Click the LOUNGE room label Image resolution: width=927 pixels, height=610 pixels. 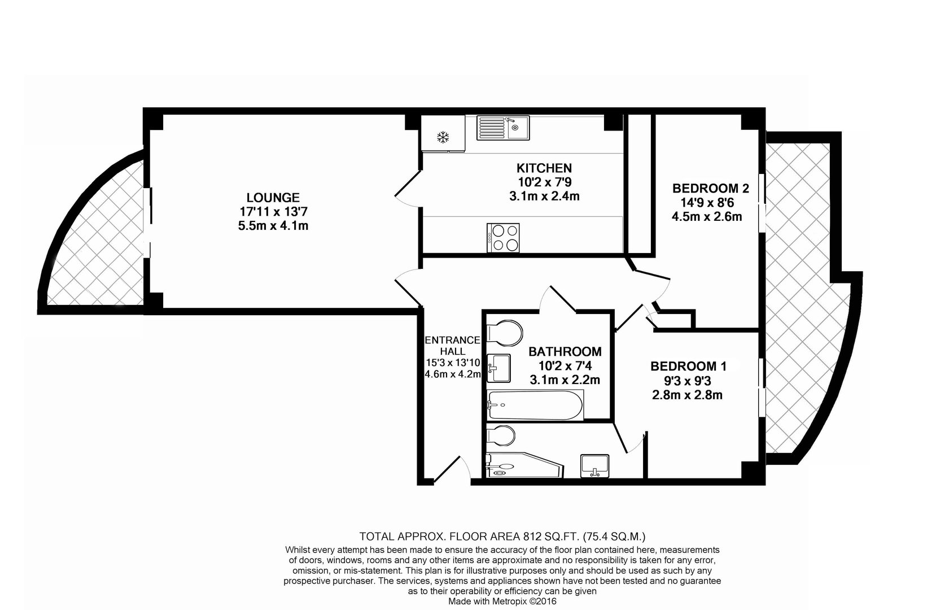(x=273, y=198)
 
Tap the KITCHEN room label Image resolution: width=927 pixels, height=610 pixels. (x=544, y=168)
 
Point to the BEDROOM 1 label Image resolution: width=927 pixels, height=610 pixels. (x=688, y=366)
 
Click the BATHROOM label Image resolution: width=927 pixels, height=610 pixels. (x=565, y=351)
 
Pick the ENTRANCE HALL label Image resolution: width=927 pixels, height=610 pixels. (x=453, y=345)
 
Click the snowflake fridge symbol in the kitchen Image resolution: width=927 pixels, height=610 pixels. (x=443, y=137)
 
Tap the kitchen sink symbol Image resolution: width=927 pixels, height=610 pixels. (x=502, y=127)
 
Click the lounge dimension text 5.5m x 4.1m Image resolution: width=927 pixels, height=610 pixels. (x=273, y=226)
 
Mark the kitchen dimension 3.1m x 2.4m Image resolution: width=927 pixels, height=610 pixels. (x=544, y=196)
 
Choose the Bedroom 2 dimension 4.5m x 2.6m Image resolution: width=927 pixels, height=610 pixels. (x=706, y=216)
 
